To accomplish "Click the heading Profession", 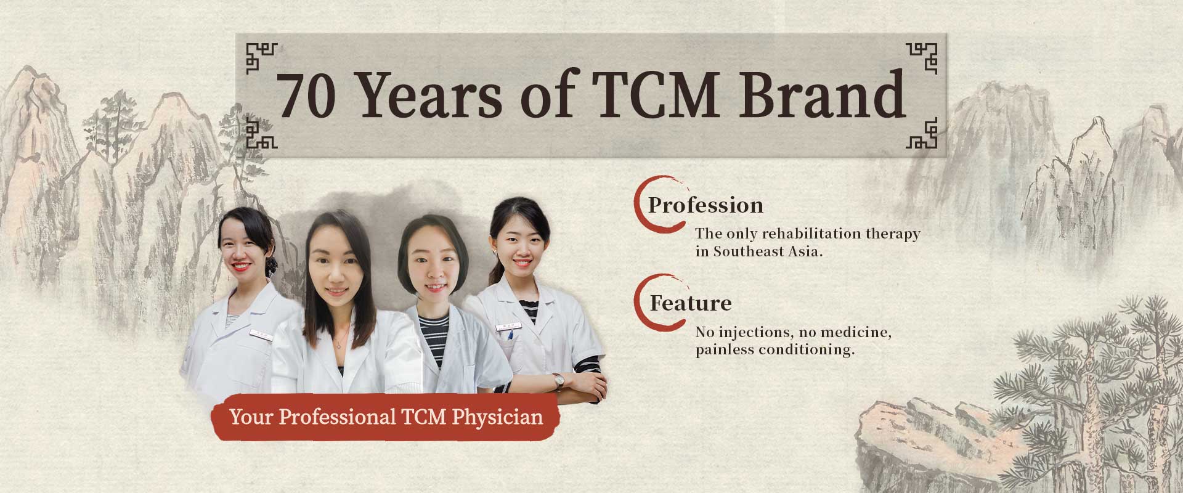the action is pos(705,205).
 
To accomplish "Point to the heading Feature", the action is pos(691,303).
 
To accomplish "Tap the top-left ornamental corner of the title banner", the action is pos(261,59).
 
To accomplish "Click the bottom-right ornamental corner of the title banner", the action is pos(921,133).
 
